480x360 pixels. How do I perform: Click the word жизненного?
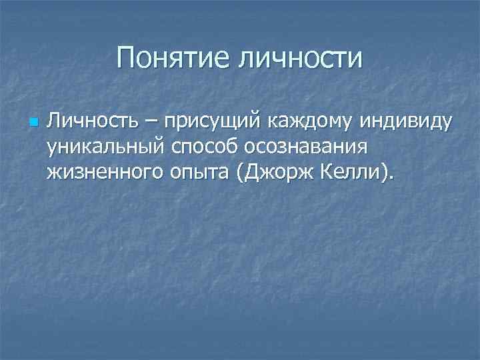[x=107, y=175]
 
